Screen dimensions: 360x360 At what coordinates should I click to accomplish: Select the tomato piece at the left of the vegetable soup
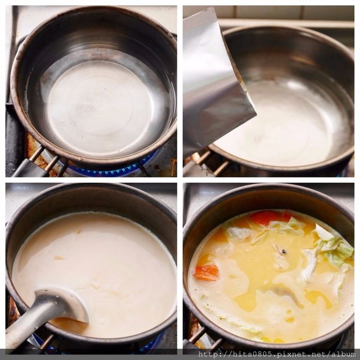[x=207, y=272]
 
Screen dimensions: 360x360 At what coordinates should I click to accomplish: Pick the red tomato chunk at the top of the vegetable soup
[x=269, y=217]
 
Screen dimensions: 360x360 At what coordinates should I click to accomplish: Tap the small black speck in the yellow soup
[x=284, y=251]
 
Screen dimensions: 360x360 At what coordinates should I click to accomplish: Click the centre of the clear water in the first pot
[x=100, y=106]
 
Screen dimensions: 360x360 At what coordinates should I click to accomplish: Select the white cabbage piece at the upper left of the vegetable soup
[x=239, y=233]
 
